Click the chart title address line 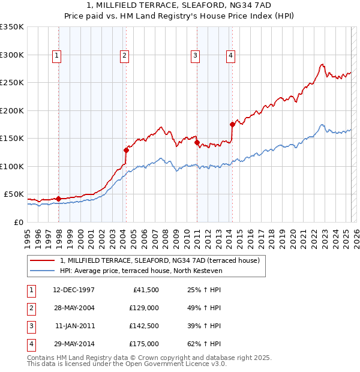[x=179, y=6]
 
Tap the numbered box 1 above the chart [x=56, y=56]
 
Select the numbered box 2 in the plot [x=124, y=56]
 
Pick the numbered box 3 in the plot [x=195, y=56]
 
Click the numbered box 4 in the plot [x=230, y=56]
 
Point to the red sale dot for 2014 [x=233, y=124]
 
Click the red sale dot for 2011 [x=197, y=142]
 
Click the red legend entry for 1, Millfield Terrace [x=160, y=260]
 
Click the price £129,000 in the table [x=144, y=308]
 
